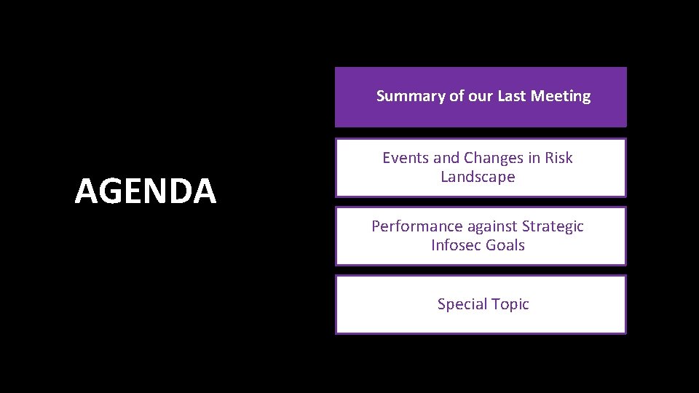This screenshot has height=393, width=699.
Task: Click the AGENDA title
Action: [146, 191]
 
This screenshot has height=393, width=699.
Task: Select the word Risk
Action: [558, 158]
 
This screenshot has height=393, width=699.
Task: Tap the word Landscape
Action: [478, 177]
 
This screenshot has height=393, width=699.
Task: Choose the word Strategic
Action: [553, 226]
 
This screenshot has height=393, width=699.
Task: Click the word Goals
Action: [505, 245]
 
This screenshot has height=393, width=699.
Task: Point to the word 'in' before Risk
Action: [534, 158]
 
